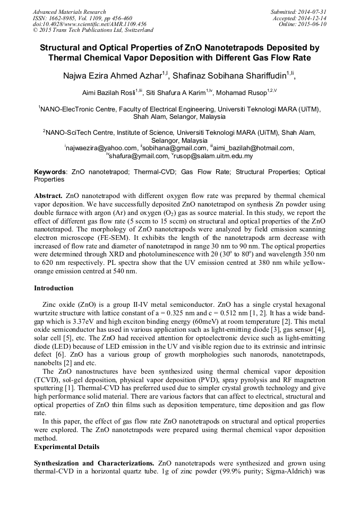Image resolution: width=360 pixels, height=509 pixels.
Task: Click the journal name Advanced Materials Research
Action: point(69,12)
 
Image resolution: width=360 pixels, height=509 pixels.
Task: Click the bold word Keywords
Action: point(50,172)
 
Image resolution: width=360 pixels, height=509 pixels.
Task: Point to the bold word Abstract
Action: point(48,196)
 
